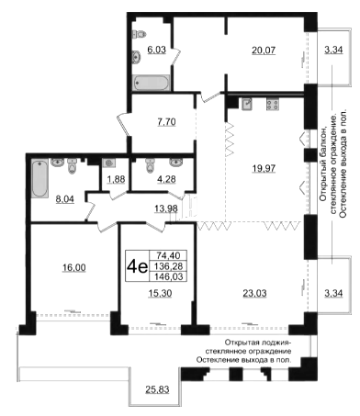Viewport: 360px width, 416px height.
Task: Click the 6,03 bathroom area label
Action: click(x=157, y=50)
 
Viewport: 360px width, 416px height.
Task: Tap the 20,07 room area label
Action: click(x=264, y=50)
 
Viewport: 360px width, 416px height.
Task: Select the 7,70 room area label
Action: click(x=166, y=122)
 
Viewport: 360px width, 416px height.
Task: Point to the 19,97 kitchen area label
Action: click(x=264, y=168)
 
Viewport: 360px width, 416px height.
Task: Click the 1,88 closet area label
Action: click(x=116, y=179)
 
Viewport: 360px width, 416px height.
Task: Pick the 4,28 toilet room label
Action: click(x=166, y=179)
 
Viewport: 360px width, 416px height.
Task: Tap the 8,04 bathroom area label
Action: click(x=65, y=199)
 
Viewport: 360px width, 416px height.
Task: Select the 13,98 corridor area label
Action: click(x=166, y=208)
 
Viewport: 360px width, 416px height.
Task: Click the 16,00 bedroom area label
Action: click(x=74, y=267)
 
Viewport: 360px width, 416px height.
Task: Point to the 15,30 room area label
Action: click(x=160, y=293)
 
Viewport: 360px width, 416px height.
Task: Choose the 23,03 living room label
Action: click(x=254, y=293)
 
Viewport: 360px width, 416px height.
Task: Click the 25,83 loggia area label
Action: click(x=157, y=389)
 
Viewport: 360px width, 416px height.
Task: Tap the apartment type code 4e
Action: click(x=138, y=267)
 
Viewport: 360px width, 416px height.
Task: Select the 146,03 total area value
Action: click(x=169, y=276)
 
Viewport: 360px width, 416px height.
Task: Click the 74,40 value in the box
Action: click(x=168, y=255)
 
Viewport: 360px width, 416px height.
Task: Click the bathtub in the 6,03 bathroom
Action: click(x=152, y=83)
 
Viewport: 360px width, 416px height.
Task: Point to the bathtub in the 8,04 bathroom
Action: click(x=39, y=178)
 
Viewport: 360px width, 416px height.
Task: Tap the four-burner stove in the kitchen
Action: click(x=273, y=105)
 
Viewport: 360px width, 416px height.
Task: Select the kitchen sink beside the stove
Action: click(x=247, y=104)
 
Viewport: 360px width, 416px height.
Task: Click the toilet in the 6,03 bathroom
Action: click(x=140, y=34)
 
